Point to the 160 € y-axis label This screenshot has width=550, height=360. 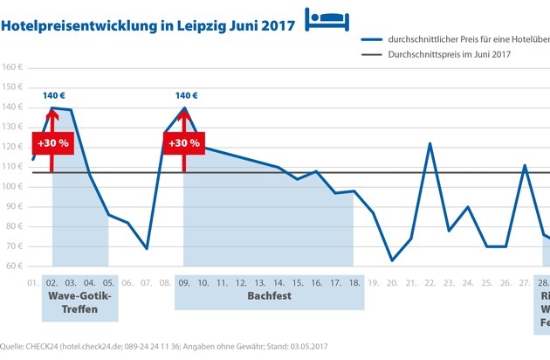point(11,68)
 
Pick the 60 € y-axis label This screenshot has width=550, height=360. point(13,266)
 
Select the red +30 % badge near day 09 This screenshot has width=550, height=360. point(184,142)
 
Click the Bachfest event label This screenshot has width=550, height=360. point(269,296)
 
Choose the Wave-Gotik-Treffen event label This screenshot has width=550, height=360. point(77,302)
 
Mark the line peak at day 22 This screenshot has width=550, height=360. point(430,143)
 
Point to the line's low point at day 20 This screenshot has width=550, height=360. point(392,260)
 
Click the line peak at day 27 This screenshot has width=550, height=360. point(525,165)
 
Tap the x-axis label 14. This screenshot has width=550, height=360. point(278,282)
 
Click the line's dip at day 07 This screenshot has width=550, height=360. point(147,249)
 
